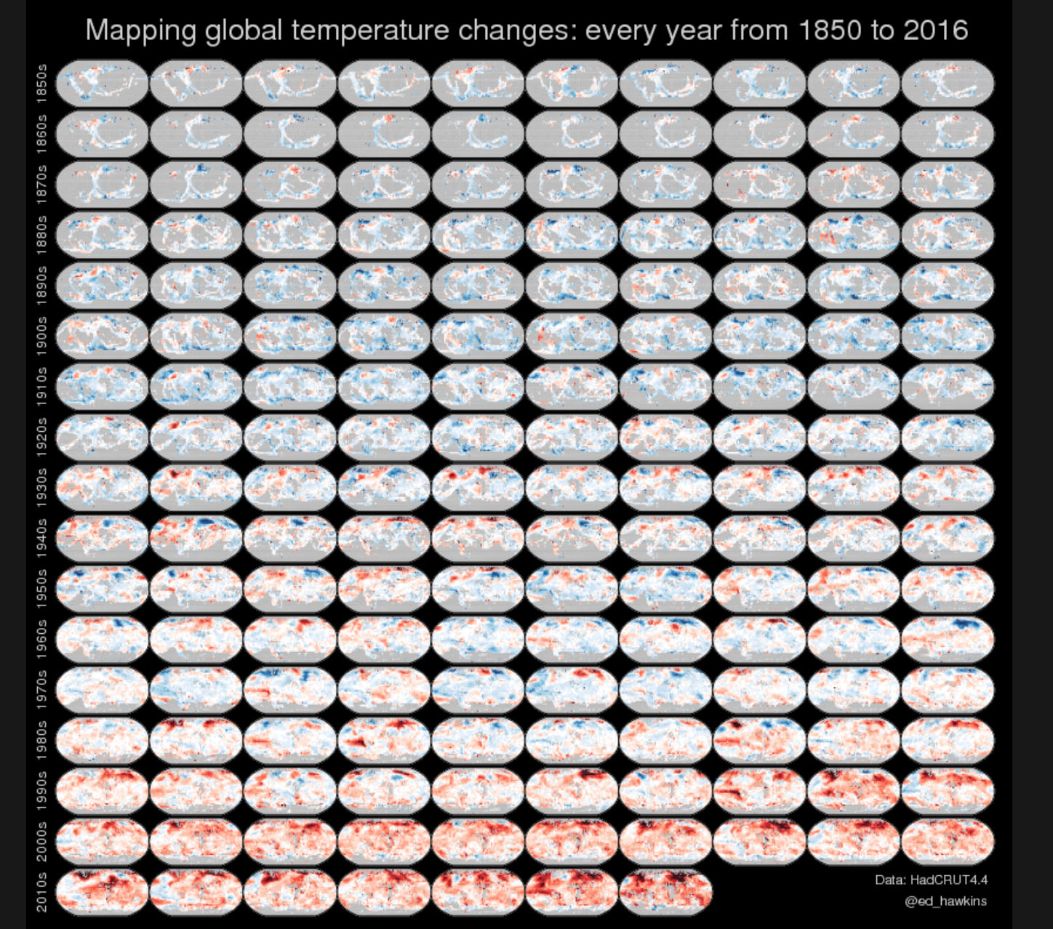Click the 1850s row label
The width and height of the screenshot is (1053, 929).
pos(41,84)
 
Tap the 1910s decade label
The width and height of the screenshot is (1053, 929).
pos(41,385)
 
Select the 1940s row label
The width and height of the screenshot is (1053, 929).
pos(41,538)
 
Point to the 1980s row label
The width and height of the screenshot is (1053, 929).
pos(41,740)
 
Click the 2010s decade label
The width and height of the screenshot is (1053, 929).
pos(41,891)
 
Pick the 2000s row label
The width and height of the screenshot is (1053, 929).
pos(41,841)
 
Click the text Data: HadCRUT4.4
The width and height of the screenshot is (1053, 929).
pos(931,880)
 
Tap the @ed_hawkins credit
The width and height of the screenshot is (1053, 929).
pos(945,901)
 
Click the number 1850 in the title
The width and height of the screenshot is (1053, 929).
pos(831,31)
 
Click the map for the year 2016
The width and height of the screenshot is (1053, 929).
pos(665,891)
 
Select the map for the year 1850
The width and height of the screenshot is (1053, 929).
pos(102,84)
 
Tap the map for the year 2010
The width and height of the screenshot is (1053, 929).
pos(102,891)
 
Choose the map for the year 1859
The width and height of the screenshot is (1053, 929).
pos(948,84)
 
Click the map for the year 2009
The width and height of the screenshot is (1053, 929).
pos(948,841)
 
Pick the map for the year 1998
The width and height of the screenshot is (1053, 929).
pos(854,791)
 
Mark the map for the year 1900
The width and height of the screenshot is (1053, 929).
pos(102,335)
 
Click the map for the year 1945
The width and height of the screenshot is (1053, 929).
pos(572,538)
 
